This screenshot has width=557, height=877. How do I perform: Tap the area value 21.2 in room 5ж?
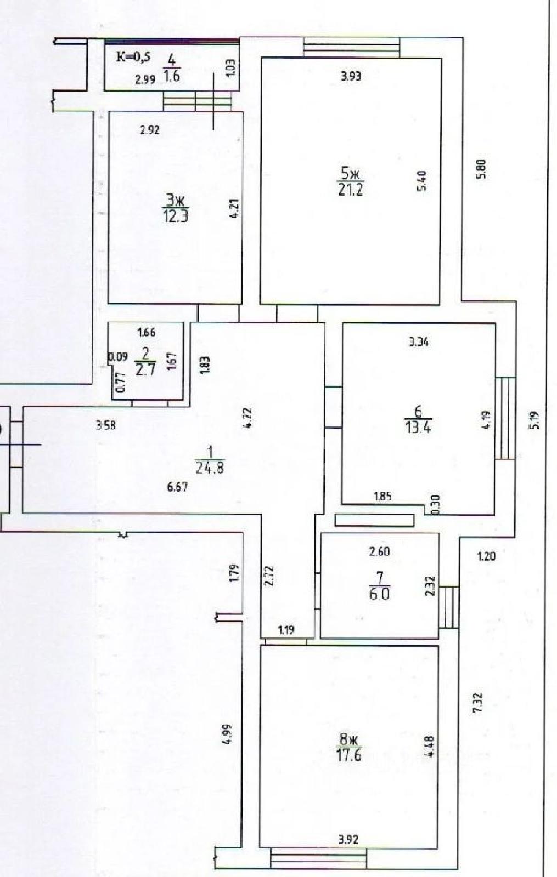351,190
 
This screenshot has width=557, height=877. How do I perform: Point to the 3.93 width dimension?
351,76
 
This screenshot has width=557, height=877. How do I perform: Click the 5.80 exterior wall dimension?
481,168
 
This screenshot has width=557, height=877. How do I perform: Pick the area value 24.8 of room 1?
210,468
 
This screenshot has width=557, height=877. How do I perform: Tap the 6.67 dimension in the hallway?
177,486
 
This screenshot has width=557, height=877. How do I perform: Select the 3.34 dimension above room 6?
419,343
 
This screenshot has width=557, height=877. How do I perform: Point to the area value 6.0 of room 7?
379,594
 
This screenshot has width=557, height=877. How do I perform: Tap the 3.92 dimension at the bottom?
348,839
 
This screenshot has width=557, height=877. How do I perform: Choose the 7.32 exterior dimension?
477,702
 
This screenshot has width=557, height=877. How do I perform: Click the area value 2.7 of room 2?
145,369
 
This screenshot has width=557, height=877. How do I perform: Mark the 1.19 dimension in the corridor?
286,630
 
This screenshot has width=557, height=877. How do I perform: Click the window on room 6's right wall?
505,418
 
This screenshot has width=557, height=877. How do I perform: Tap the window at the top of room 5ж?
351,47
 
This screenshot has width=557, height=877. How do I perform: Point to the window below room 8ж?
318,858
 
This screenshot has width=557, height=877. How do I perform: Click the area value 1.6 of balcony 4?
172,76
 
